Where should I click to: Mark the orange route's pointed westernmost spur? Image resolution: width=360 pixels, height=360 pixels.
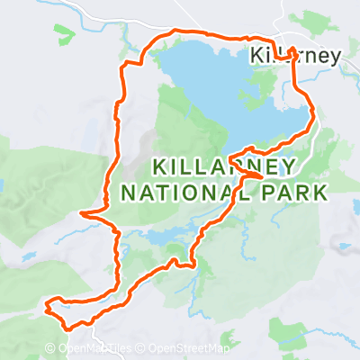click(x=82, y=214)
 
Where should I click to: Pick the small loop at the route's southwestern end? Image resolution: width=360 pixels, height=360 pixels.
click(x=56, y=308)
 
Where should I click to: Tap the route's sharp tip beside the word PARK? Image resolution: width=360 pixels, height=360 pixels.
click(x=262, y=176)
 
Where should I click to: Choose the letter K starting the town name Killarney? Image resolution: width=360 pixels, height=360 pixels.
click(x=256, y=57)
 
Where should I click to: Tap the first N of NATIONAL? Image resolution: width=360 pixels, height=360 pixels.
click(x=128, y=192)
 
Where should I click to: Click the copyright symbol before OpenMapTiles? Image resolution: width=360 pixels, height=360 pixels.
click(x=64, y=349)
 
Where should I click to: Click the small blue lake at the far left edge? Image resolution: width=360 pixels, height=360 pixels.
click(x=3, y=187)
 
